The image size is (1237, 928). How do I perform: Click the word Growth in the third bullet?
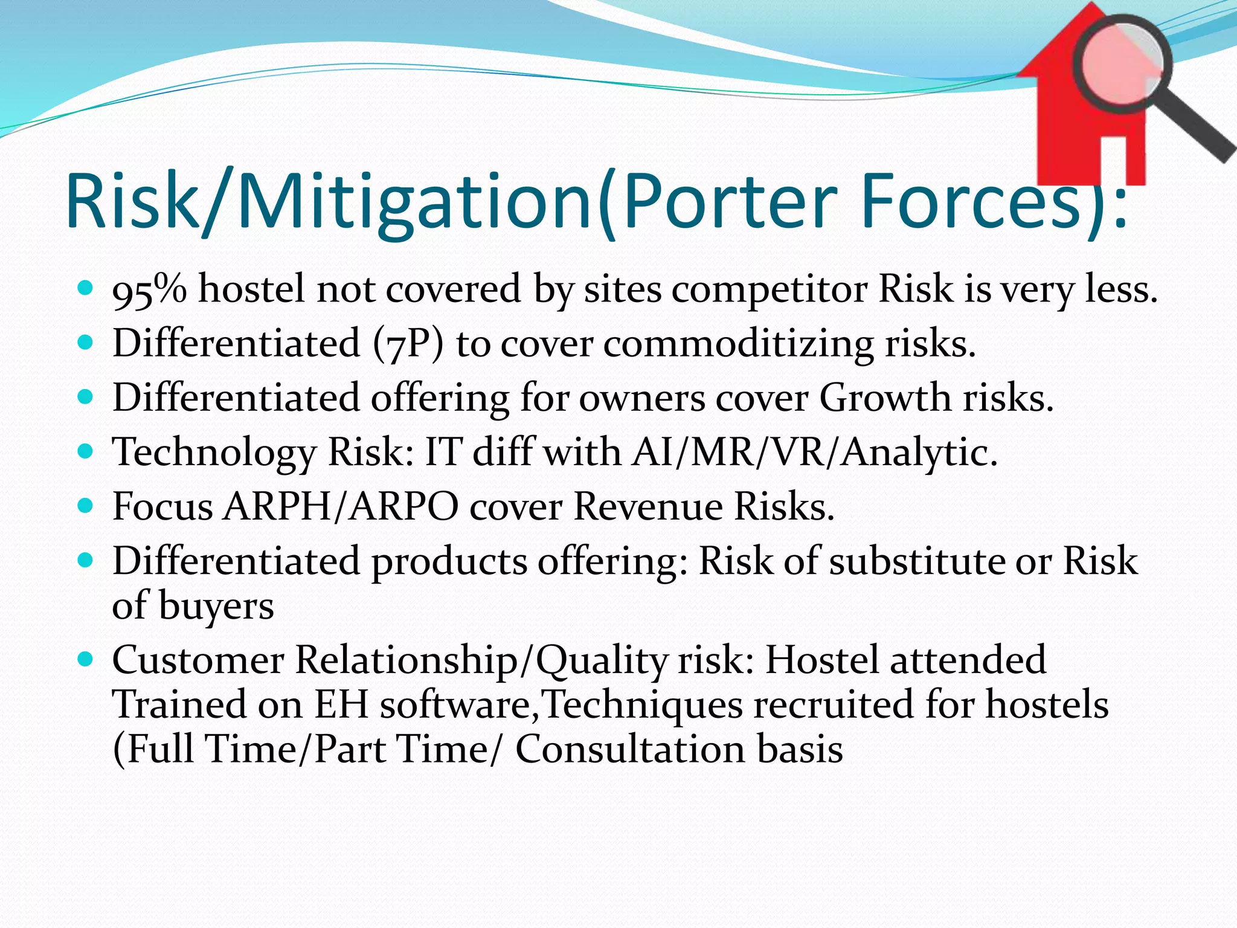(x=885, y=398)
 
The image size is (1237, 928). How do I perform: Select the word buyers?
(x=216, y=607)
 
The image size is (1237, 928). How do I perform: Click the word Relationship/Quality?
(x=480, y=660)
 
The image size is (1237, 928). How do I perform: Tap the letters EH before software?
(x=341, y=705)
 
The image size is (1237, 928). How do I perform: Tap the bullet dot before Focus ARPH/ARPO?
(x=86, y=505)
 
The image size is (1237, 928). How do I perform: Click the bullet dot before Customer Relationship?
(x=86, y=659)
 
